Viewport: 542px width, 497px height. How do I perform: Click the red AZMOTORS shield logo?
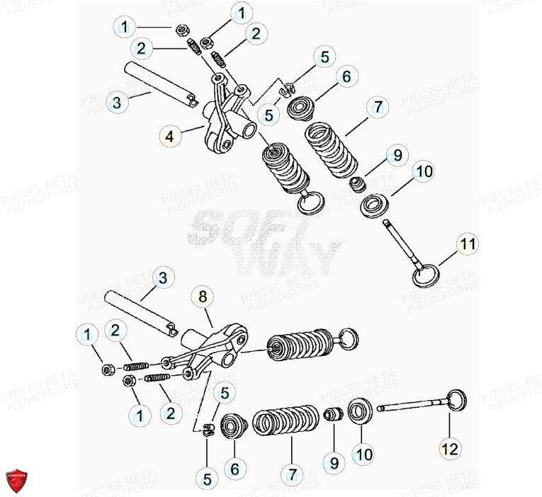coord(20,479)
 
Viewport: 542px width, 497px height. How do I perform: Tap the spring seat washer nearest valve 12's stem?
coord(359,411)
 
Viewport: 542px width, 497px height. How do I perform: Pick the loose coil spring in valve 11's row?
coord(331,149)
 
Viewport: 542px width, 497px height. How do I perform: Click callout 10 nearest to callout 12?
coord(363,454)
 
